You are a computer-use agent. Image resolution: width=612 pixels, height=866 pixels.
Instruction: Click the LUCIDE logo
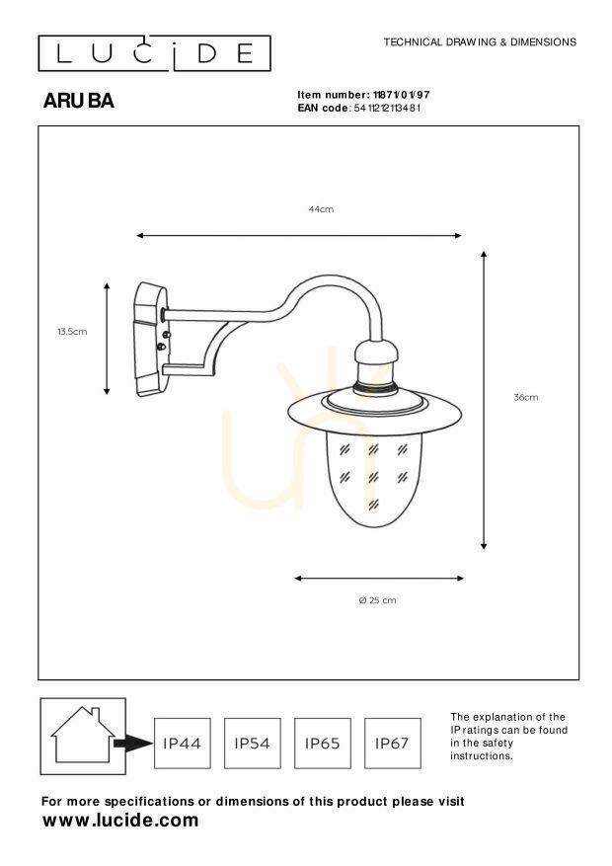pyautogui.click(x=155, y=53)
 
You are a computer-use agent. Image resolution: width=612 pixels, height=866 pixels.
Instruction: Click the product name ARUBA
pyautogui.click(x=78, y=101)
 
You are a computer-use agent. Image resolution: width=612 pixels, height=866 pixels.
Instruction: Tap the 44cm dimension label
pyautogui.click(x=321, y=209)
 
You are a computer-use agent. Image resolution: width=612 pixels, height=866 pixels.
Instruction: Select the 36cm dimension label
pyautogui.click(x=526, y=397)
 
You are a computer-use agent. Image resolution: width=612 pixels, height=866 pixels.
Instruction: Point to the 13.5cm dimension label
pyautogui.click(x=72, y=332)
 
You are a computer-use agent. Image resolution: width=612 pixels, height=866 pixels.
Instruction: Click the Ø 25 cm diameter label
pyautogui.click(x=377, y=600)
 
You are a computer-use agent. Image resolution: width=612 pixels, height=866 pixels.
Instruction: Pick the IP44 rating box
pyautogui.click(x=182, y=744)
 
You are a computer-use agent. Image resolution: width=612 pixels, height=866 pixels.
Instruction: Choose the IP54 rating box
pyautogui.click(x=252, y=744)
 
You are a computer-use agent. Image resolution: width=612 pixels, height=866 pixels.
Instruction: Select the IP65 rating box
pyautogui.click(x=322, y=744)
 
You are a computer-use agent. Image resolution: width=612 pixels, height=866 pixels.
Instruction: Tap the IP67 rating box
pyautogui.click(x=392, y=744)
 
